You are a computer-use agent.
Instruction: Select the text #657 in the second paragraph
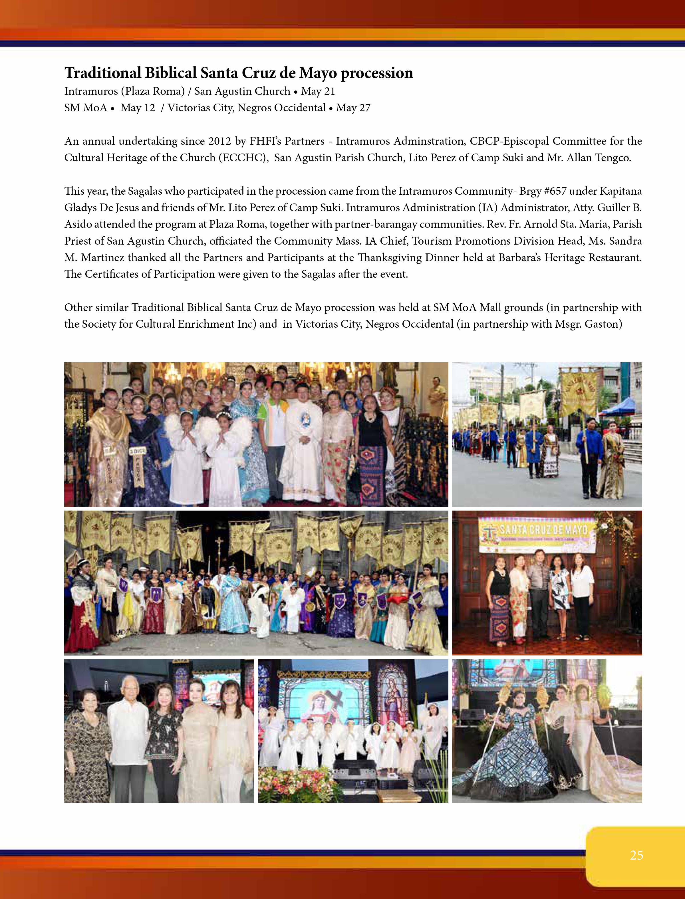point(555,191)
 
